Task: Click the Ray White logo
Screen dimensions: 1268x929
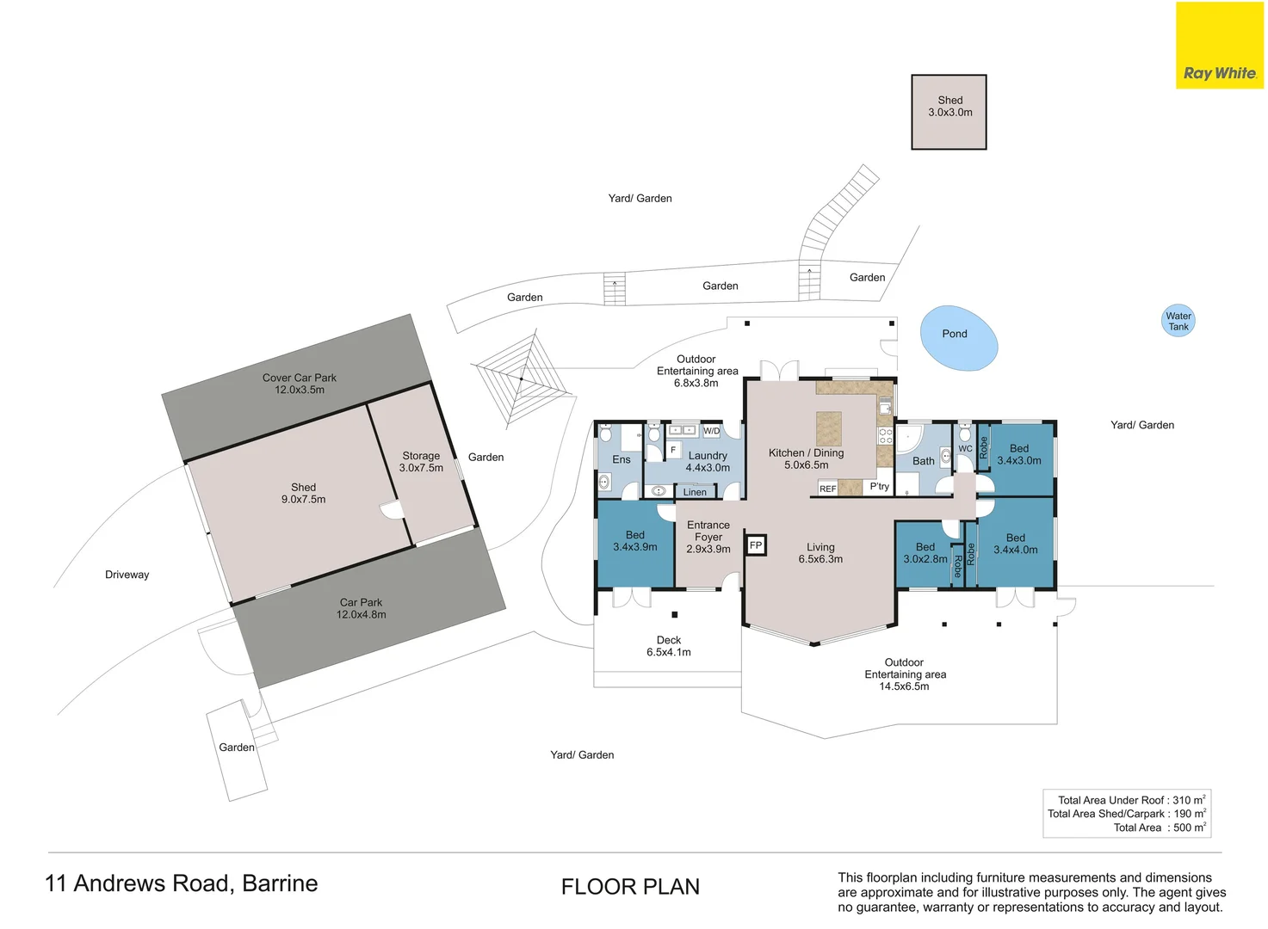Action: click(x=1219, y=46)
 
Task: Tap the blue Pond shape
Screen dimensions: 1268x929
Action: click(x=958, y=338)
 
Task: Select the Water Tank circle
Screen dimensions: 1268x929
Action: click(x=1178, y=321)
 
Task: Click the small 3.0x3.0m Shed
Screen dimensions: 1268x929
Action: click(x=949, y=112)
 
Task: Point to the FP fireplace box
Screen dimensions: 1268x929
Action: click(x=756, y=545)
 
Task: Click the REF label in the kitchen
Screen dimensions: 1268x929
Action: click(x=827, y=489)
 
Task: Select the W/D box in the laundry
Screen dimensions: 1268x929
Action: click(x=712, y=431)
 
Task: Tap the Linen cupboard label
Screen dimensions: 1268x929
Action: click(x=695, y=492)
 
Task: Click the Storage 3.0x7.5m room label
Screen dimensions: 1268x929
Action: click(x=421, y=462)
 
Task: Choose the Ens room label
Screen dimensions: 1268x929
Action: click(x=621, y=459)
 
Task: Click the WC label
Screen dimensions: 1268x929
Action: click(x=965, y=449)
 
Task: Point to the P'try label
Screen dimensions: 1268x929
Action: click(x=879, y=487)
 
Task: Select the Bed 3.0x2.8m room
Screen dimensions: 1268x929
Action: click(x=925, y=555)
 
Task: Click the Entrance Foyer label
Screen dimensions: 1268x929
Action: click(x=708, y=537)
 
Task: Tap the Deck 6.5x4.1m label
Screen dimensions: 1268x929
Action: click(x=669, y=646)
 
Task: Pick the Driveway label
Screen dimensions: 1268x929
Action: click(x=127, y=575)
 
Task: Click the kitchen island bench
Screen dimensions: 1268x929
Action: click(x=828, y=429)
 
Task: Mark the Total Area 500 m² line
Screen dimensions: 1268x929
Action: click(x=1160, y=827)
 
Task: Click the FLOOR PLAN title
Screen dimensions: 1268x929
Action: click(x=630, y=887)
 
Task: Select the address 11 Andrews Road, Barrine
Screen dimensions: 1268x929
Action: click(x=181, y=883)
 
